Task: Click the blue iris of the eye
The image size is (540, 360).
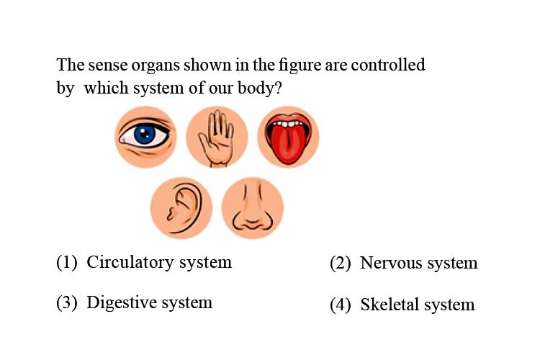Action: click(145, 134)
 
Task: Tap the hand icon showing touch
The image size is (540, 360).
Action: click(217, 138)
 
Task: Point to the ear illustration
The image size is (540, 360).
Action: click(184, 208)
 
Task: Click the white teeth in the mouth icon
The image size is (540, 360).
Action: click(288, 123)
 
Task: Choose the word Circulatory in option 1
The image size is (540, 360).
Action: click(130, 263)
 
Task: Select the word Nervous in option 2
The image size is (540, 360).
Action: click(391, 264)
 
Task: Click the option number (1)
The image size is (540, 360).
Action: click(67, 263)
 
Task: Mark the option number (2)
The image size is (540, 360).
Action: click(341, 264)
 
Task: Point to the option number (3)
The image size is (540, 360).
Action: click(67, 303)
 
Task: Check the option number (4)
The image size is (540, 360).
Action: click(341, 305)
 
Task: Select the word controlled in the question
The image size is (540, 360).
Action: click(388, 65)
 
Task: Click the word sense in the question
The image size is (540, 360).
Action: click(108, 66)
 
